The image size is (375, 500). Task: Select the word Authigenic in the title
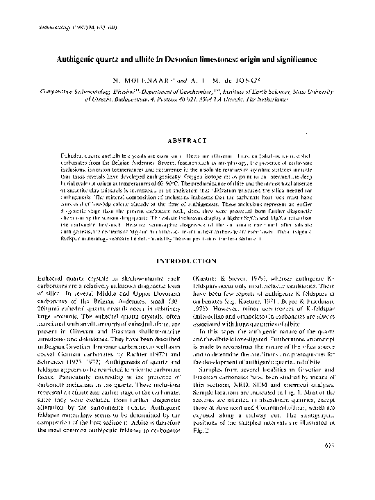click(x=80, y=61)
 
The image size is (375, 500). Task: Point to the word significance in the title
click(x=286, y=61)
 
